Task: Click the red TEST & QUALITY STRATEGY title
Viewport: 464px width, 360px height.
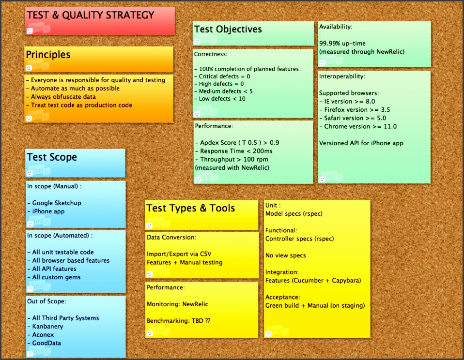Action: (x=91, y=15)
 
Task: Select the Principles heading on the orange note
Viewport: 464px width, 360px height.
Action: (x=48, y=55)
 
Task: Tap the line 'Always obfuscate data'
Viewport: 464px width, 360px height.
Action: (x=61, y=97)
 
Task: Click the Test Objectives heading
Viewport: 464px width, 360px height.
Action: (x=228, y=29)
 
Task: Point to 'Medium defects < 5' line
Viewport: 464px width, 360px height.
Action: (x=223, y=91)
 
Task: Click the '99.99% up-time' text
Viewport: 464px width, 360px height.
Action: (x=342, y=44)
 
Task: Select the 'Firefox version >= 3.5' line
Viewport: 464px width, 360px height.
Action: (x=355, y=110)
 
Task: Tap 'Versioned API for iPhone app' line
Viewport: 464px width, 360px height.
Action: (x=361, y=143)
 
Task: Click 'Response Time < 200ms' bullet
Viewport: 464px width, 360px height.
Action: (x=234, y=151)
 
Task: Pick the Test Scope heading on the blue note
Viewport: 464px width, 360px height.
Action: (x=52, y=157)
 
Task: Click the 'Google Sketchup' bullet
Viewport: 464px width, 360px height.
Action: (x=54, y=203)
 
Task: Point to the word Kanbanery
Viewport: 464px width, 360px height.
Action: (x=47, y=326)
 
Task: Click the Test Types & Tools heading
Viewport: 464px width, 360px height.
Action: (x=191, y=209)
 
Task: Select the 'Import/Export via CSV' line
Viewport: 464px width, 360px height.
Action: (x=179, y=254)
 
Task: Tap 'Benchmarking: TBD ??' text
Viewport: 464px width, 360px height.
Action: (x=178, y=321)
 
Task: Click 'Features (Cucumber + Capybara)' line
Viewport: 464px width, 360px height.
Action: (x=313, y=281)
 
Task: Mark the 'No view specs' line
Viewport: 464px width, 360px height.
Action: (x=286, y=255)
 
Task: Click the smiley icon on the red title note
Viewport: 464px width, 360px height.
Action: (x=29, y=31)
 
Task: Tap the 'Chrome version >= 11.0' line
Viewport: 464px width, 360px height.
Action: (x=358, y=126)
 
